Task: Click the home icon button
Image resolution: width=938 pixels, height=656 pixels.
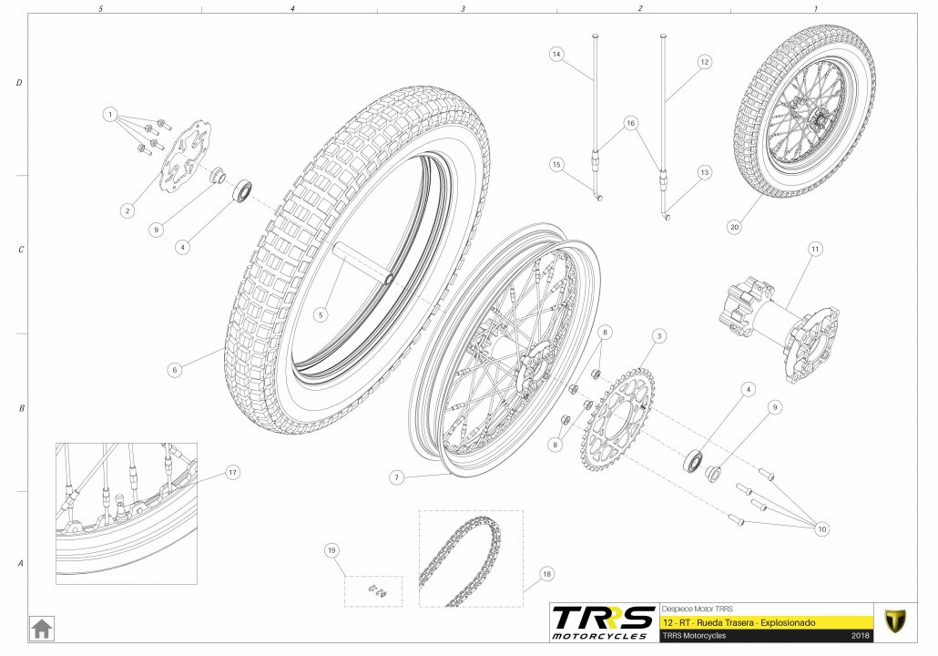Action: click(42, 629)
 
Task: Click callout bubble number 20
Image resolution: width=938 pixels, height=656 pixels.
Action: click(735, 227)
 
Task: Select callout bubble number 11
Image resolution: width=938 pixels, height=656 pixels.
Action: click(815, 249)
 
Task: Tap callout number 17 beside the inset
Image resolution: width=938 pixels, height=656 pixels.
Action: click(232, 472)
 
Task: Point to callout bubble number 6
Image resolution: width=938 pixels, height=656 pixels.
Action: click(175, 370)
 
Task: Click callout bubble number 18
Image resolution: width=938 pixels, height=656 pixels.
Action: click(546, 574)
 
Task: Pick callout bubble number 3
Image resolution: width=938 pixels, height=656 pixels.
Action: click(659, 336)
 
